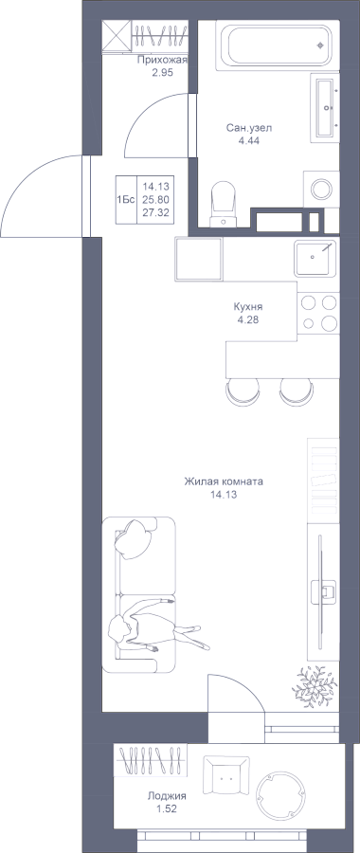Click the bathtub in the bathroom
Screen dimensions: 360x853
[x=278, y=45]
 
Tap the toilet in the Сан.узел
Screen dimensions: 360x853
[x=222, y=204]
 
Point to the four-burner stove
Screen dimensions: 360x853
[x=318, y=312]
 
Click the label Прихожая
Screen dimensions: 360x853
[x=162, y=61]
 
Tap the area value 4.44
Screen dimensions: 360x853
[x=249, y=140]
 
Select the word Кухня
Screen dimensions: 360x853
[x=248, y=307]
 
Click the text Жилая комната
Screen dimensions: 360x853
[x=224, y=481]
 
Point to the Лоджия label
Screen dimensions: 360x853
[x=167, y=796]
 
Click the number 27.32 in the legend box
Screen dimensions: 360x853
[x=155, y=212]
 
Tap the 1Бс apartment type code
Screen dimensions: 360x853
[x=125, y=200]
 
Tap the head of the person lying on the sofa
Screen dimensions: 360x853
[x=119, y=629]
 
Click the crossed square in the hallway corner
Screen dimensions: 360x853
[x=117, y=35]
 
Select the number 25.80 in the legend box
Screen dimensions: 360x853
[x=155, y=200]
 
